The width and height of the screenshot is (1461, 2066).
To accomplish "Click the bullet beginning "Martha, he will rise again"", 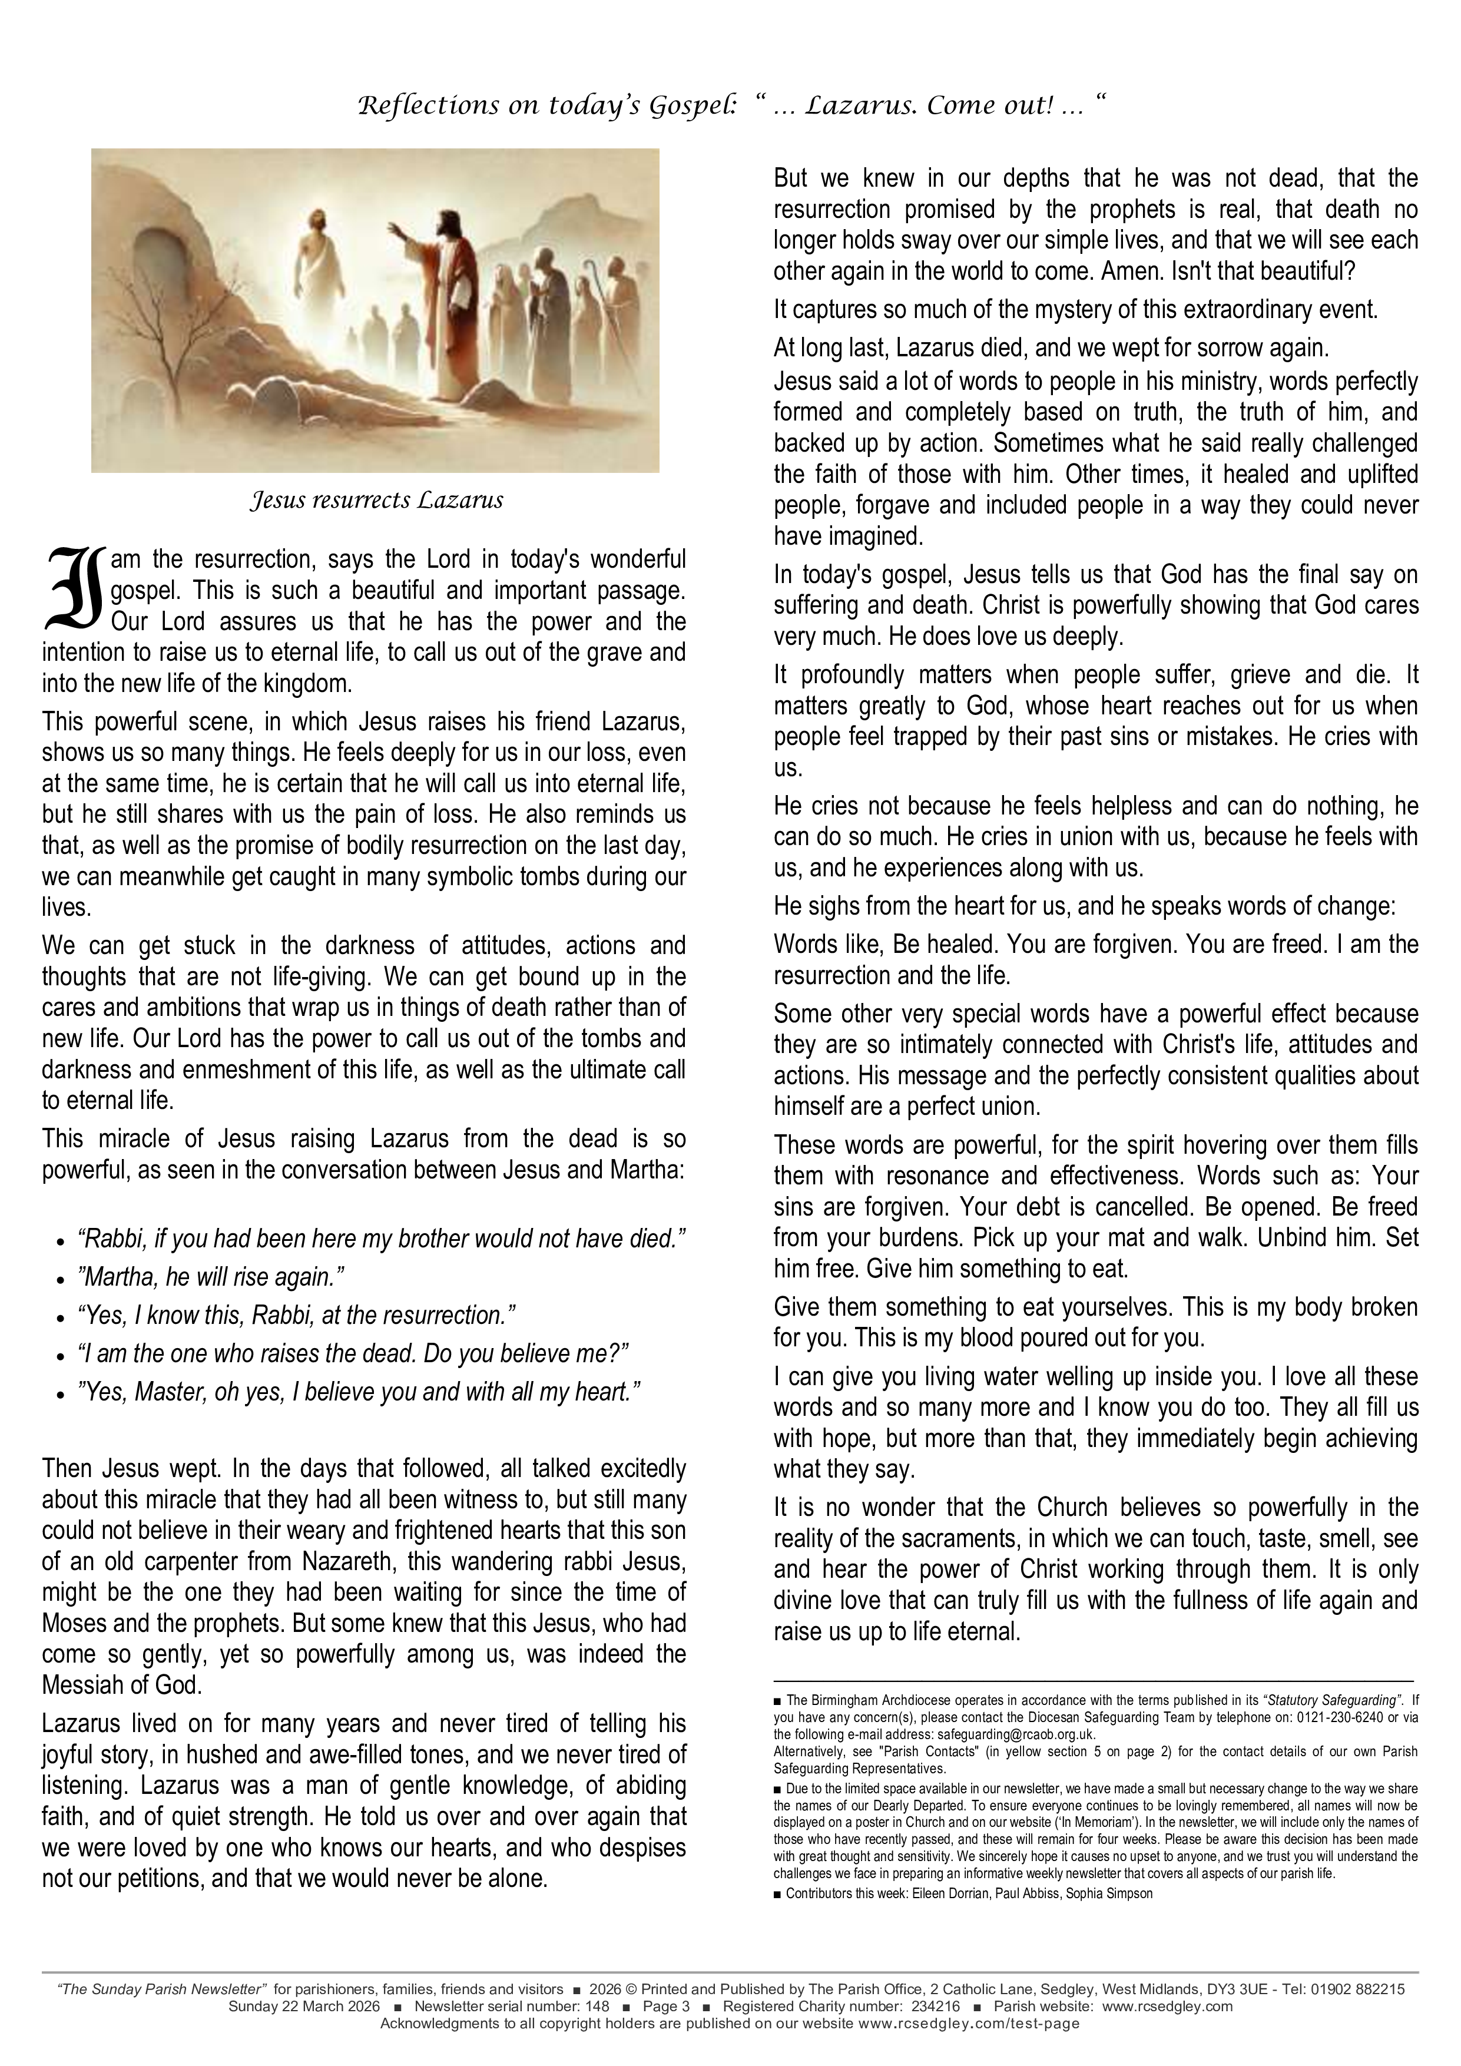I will click(213, 1277).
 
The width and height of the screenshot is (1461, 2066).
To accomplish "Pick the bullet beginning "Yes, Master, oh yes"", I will click(360, 1392).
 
